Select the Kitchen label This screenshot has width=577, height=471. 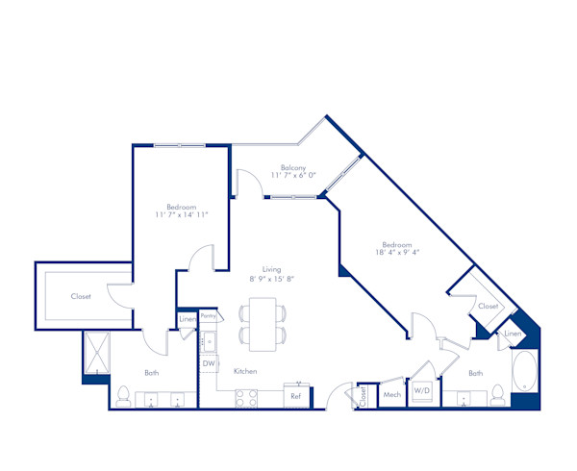point(244,372)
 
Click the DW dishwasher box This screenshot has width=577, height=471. point(209,363)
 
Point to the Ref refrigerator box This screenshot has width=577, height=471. point(296,395)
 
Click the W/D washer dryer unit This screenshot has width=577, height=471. point(421,391)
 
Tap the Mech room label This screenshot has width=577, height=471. point(391,395)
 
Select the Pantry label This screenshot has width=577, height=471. point(209,314)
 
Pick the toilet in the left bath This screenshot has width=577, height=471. point(123,395)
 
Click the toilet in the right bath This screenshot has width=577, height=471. point(498,395)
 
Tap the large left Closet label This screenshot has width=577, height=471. point(81,296)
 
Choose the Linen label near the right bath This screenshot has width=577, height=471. point(512,333)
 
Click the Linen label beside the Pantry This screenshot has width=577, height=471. point(188,319)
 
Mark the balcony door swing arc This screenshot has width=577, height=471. point(246,181)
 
